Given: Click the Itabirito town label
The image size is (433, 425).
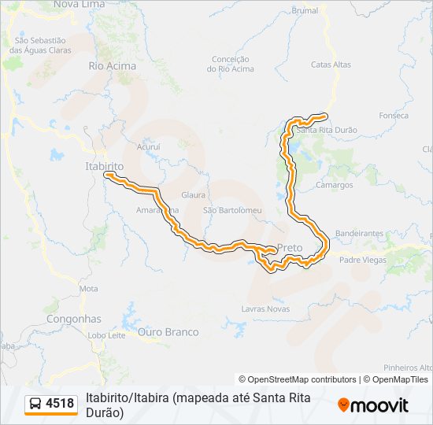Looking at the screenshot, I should (105, 167).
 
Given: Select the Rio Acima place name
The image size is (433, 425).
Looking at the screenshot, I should (112, 66).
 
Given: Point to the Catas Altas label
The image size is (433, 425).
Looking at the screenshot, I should (331, 65).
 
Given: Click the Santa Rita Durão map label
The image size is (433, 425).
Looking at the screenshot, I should (328, 130).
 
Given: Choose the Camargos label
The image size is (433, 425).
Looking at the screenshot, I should (335, 185).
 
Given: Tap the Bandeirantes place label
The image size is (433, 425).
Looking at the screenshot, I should (359, 234).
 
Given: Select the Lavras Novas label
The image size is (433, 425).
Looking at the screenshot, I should (265, 309).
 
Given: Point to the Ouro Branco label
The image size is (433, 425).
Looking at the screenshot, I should (168, 332).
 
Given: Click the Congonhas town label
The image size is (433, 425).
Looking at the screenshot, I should (74, 320).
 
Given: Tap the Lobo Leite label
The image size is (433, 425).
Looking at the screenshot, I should (106, 335).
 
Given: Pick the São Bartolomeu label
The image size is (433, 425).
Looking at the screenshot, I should (232, 210).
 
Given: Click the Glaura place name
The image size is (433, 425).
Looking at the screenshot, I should (193, 194).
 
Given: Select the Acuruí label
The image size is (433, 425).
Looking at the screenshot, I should (148, 146).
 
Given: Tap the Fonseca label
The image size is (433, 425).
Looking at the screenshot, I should (394, 116).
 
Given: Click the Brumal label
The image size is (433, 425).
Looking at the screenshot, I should (305, 11).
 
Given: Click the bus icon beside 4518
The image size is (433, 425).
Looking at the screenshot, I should (35, 404).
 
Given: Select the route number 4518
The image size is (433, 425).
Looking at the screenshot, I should (60, 404).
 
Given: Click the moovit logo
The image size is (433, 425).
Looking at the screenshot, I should (373, 405).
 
